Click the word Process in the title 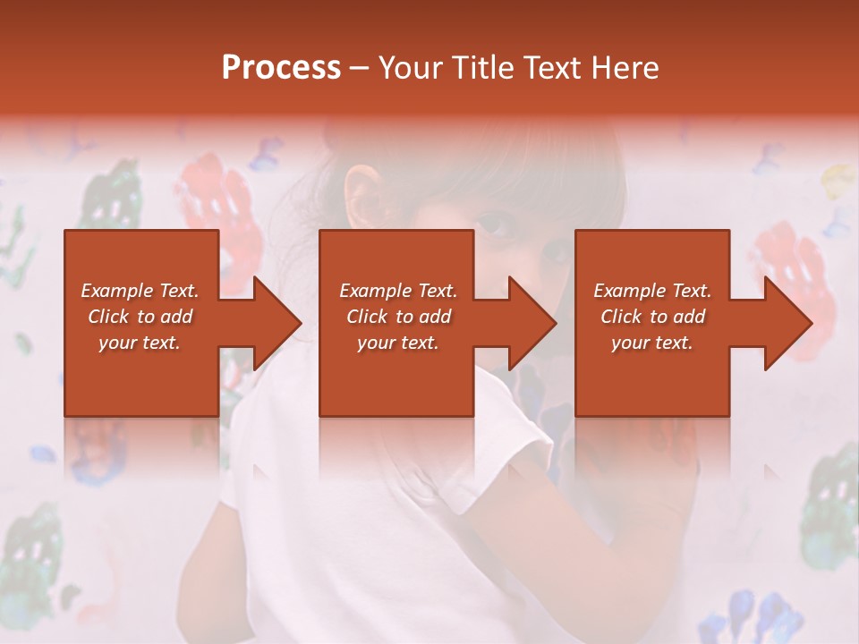click(x=281, y=68)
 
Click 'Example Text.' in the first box click(x=140, y=291)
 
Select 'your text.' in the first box click(x=140, y=343)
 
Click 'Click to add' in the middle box click(x=398, y=317)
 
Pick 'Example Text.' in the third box click(x=652, y=291)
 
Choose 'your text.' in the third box click(x=652, y=343)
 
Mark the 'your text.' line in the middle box click(x=398, y=343)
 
